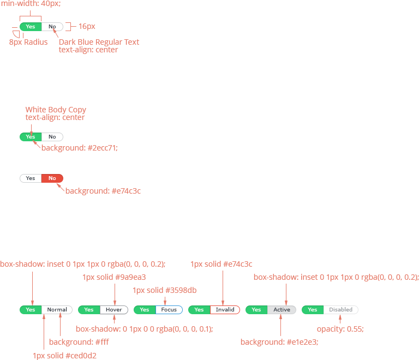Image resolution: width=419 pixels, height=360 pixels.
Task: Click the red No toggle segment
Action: coord(52,178)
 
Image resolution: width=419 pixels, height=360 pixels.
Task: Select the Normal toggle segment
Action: coord(57,310)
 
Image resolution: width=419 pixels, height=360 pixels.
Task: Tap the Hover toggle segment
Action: coord(114,310)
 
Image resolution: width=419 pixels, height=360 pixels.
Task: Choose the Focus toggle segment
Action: coord(169,310)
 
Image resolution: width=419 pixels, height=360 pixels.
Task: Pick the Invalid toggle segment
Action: coord(225,310)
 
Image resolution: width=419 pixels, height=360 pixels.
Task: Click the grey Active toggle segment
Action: coord(282,310)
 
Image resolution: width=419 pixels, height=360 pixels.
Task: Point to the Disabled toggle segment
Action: coord(340,310)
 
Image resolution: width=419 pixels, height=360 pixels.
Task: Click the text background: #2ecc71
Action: coord(80,148)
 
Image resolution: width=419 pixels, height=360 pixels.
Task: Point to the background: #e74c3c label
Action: coord(103,191)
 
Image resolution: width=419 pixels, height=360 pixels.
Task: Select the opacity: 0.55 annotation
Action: coord(340,329)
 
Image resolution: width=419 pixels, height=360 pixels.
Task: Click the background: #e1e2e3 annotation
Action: coord(279,342)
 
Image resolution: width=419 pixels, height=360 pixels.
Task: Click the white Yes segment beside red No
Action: coord(31,178)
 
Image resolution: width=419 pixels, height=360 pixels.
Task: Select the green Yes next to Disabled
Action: coord(313,310)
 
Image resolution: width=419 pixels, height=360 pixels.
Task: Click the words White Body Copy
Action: coord(56,110)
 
